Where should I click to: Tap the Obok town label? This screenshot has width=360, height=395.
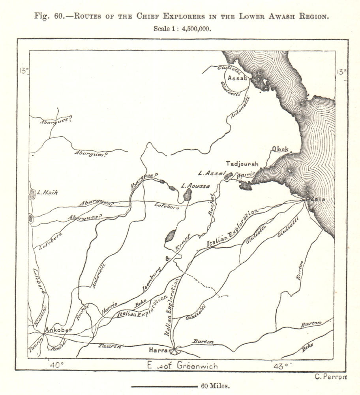280,149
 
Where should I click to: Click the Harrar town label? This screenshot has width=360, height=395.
161,350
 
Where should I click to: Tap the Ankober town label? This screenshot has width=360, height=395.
58,330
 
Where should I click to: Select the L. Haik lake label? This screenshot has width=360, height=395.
48,193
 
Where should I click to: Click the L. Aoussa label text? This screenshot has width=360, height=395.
194,185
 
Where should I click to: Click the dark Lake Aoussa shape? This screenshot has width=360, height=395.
188,194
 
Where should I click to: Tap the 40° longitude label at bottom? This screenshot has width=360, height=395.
56,365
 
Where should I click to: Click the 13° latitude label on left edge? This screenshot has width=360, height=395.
23,71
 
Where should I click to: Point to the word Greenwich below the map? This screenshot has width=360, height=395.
197,366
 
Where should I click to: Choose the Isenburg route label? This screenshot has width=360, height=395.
151,284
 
